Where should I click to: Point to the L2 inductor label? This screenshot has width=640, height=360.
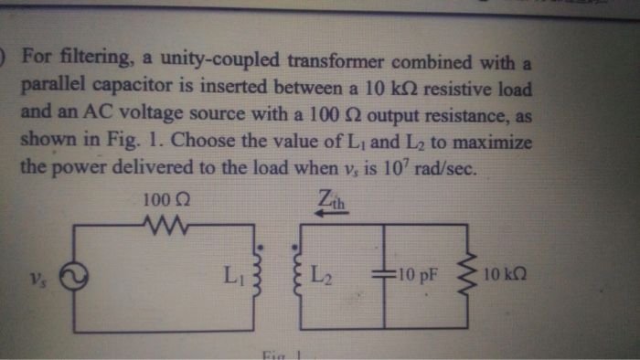(321, 271)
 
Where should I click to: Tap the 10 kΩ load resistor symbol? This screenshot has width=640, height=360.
(473, 273)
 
